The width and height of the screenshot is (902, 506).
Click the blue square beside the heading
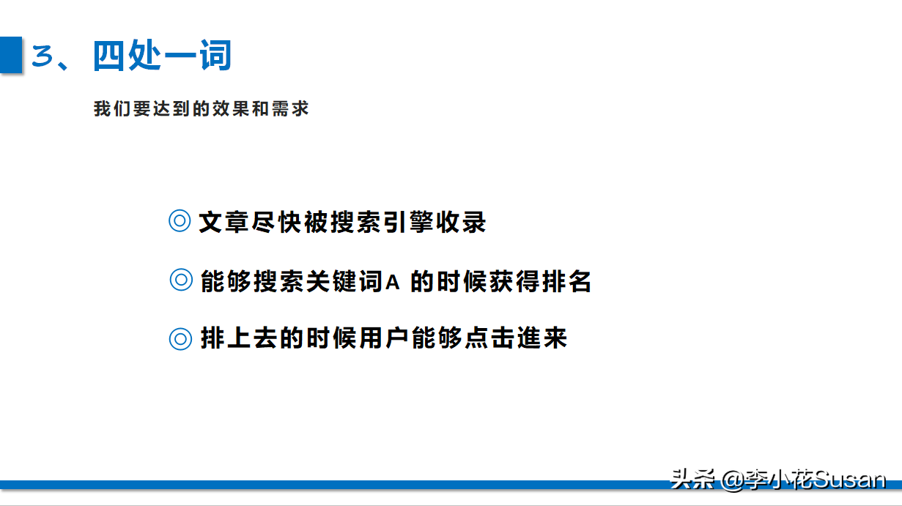point(11,55)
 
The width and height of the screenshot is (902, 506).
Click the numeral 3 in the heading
point(42,56)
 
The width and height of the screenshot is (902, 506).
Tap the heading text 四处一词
point(162,56)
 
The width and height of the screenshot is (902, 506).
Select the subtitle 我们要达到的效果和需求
point(201,108)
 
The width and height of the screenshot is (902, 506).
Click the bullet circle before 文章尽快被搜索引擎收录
point(180,220)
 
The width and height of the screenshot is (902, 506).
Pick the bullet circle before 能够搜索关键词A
point(181,280)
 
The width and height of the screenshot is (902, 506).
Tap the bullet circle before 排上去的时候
point(180,339)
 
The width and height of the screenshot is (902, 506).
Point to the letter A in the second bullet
point(393,282)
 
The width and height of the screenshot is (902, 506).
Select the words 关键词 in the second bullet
point(344,281)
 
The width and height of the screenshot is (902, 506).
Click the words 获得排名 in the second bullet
point(539,281)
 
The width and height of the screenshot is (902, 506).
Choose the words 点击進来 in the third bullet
point(516,338)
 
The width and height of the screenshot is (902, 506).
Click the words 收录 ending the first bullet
point(461,222)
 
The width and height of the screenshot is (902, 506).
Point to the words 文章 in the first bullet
point(223,222)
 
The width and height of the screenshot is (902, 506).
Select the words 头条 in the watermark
point(692,479)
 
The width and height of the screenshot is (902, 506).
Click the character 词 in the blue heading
point(215,56)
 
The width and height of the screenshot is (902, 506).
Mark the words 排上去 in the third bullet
point(239,338)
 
